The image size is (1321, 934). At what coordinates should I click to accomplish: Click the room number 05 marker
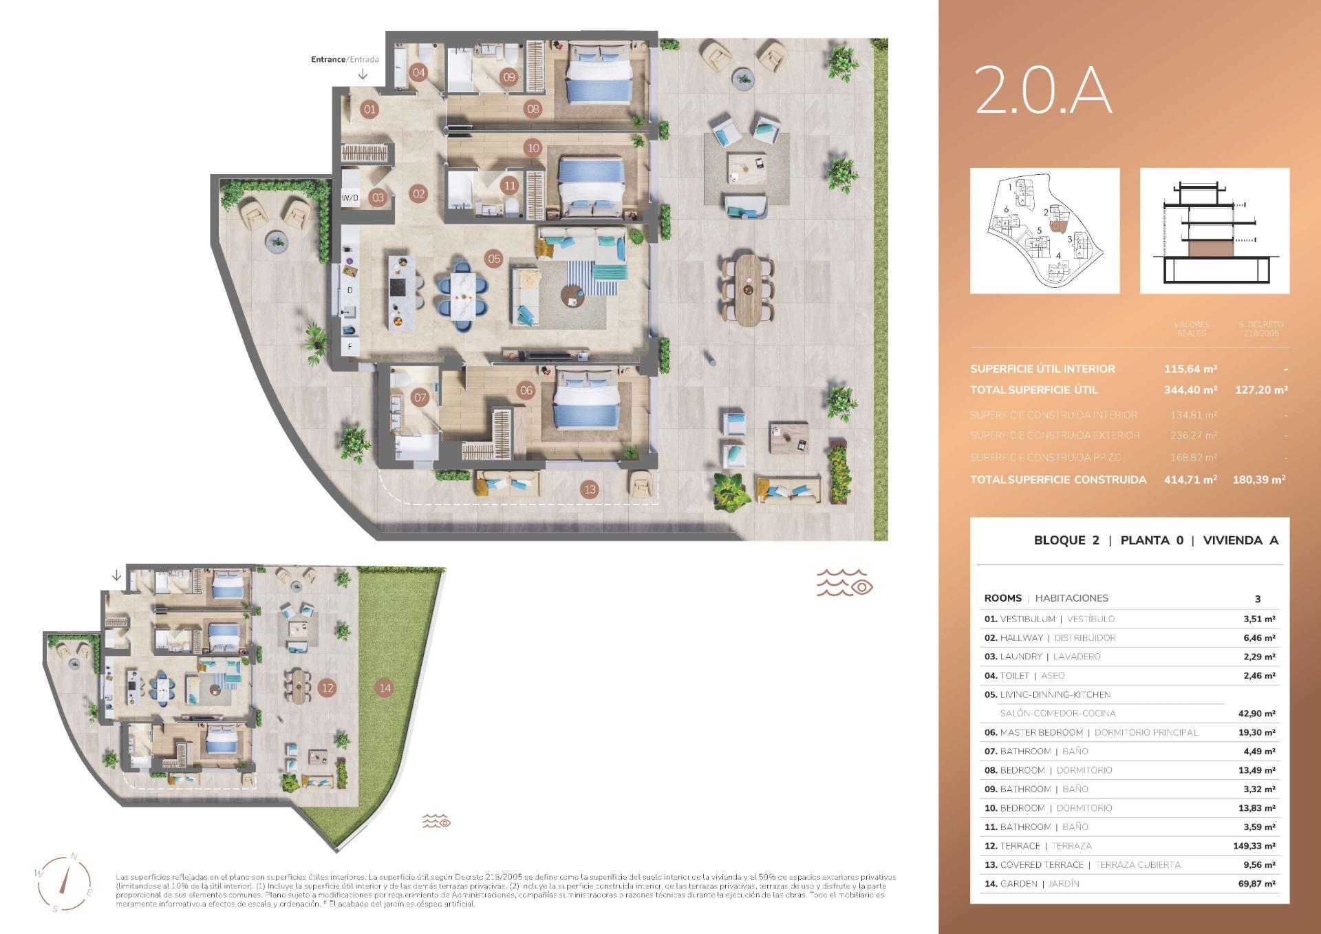click(494, 259)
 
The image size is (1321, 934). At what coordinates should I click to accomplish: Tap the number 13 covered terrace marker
click(590, 490)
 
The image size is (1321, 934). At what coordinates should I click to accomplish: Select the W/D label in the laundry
click(350, 198)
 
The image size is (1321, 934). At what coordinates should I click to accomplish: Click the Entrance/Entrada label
click(345, 60)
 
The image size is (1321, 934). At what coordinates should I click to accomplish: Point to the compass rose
click(65, 882)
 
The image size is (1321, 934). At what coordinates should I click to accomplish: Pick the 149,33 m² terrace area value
click(1254, 846)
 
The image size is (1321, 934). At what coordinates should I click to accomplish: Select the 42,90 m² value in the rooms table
click(1256, 714)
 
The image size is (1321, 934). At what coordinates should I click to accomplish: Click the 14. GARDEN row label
click(1031, 884)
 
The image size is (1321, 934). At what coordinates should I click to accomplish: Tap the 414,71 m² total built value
click(1190, 480)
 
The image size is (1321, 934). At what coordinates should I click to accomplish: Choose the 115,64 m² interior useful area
click(1190, 369)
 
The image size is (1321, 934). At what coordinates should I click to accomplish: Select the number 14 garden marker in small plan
click(385, 688)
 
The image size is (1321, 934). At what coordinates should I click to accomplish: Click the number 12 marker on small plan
click(327, 688)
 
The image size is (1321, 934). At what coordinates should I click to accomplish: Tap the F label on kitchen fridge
click(350, 347)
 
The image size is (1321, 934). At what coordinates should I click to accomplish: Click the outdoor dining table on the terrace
click(748, 290)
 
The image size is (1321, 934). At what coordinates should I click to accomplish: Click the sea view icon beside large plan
click(844, 582)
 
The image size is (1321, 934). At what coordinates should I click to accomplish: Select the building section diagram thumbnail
click(1214, 231)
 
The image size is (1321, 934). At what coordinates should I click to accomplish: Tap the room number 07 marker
click(420, 397)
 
